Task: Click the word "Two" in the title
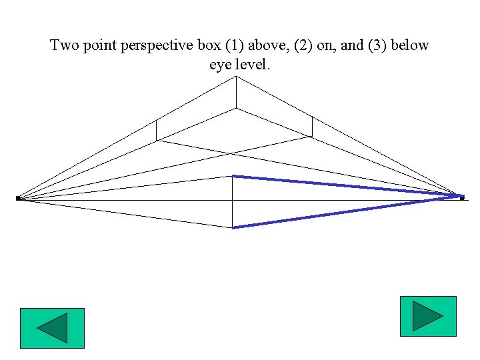coord(65,46)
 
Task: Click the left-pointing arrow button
coord(52,328)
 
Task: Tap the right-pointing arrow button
coord(427,316)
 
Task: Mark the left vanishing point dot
coord(18,198)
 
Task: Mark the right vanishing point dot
coord(461,197)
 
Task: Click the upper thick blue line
coord(347,186)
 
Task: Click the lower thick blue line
coord(347,212)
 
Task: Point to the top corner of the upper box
coord(235,77)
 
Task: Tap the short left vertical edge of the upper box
coord(156,130)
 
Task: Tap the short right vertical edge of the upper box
coord(312,126)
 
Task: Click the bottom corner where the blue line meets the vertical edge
coord(232,227)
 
